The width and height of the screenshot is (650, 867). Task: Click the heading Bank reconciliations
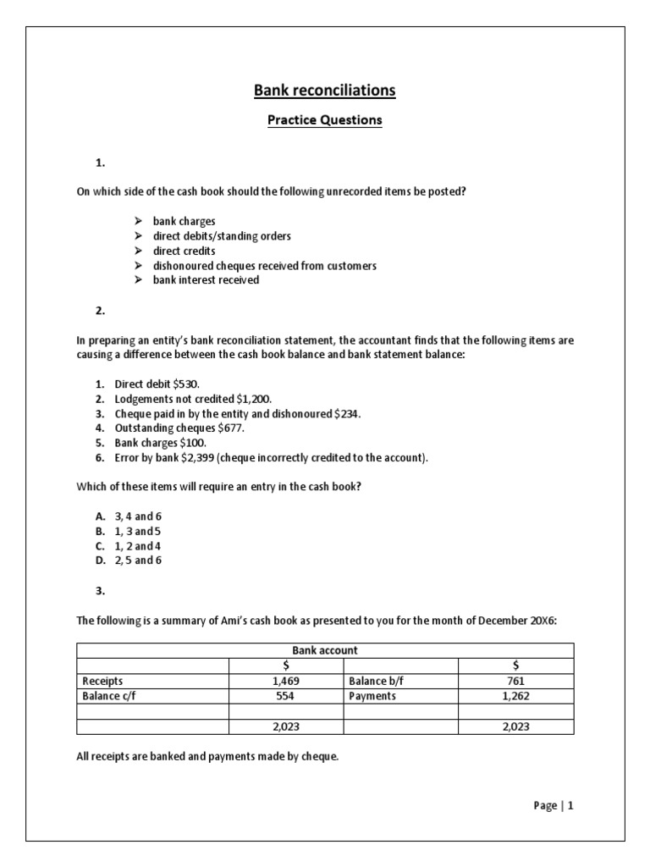coord(325,90)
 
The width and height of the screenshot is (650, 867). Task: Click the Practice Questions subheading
coord(325,120)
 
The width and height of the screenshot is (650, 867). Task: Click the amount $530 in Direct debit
coord(185,384)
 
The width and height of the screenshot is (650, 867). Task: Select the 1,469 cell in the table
coord(286,680)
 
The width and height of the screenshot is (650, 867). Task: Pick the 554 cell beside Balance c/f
coord(286,695)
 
